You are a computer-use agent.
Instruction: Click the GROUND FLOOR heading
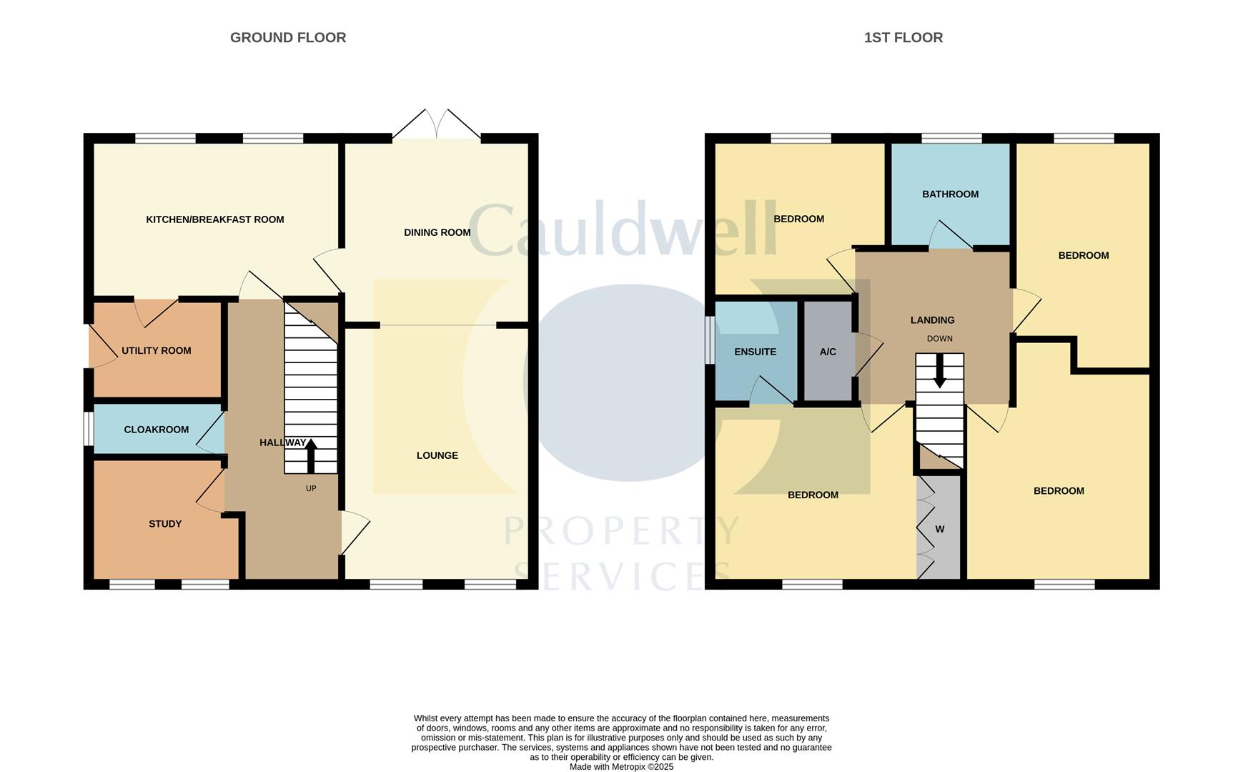point(287,37)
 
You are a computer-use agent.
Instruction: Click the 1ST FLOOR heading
point(903,37)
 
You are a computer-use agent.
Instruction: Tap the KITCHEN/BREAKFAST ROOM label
point(214,219)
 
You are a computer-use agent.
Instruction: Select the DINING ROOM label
point(437,232)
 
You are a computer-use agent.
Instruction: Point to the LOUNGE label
point(437,455)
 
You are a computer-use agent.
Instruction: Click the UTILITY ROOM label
point(156,350)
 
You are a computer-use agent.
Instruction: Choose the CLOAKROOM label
point(156,430)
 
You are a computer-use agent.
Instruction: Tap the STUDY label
point(164,524)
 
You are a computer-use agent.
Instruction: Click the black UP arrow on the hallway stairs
point(311,455)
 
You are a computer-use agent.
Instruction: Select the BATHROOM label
point(950,194)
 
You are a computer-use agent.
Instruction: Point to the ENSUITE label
point(755,352)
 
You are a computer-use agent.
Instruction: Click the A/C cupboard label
point(828,352)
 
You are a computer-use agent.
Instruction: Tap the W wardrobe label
point(939,529)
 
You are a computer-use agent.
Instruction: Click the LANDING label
point(932,320)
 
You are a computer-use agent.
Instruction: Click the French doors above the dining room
point(436,125)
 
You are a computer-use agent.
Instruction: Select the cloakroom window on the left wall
point(88,429)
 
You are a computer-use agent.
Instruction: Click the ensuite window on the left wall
point(709,340)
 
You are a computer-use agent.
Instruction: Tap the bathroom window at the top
point(951,138)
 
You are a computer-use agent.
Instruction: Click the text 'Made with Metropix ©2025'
point(621,766)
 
